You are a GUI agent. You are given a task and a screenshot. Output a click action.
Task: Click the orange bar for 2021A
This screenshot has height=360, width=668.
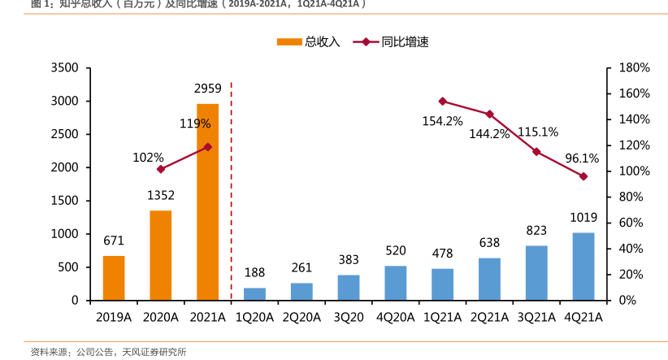[x=207, y=202]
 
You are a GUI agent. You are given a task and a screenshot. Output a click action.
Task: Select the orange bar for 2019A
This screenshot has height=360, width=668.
[x=114, y=278]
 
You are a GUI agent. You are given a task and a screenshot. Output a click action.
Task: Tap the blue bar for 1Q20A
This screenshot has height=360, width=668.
[x=254, y=293]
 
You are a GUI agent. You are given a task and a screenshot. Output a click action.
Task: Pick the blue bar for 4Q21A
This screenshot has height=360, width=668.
[x=583, y=267]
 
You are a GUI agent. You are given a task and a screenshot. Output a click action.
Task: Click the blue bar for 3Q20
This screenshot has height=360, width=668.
[x=349, y=287]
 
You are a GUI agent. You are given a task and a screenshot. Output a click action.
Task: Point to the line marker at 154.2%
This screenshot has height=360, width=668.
[x=443, y=102]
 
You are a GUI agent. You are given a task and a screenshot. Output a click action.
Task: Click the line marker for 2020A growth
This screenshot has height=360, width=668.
[x=161, y=169]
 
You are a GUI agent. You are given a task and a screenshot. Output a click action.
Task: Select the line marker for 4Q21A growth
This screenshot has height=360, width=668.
[x=583, y=176]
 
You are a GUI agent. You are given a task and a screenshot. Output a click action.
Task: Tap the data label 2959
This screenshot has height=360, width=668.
[x=207, y=88]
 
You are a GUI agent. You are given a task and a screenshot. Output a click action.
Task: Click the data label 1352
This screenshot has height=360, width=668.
[x=161, y=195]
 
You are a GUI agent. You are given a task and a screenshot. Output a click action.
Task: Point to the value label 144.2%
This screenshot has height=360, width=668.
[x=489, y=133]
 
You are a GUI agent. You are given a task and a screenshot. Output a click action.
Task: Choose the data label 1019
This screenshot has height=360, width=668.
[x=583, y=218]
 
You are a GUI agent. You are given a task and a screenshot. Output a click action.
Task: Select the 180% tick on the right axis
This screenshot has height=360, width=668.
[x=633, y=67]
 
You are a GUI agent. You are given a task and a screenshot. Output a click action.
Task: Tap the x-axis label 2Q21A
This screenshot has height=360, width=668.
[x=489, y=317]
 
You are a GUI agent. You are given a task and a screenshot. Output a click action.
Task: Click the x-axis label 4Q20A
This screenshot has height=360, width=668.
[x=396, y=317]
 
